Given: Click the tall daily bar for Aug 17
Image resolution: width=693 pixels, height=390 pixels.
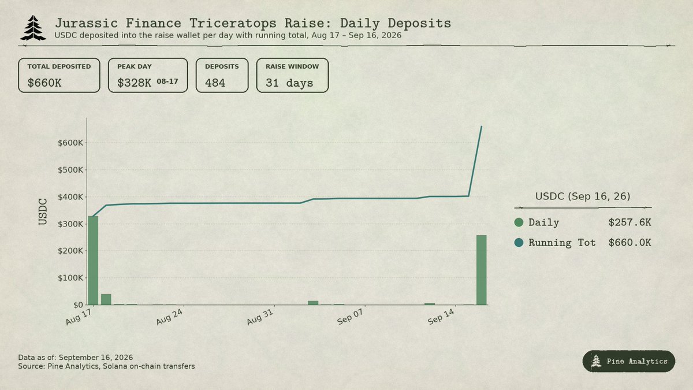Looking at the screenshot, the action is [x=93, y=261].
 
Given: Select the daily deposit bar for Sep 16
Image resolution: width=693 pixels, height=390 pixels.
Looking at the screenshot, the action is [x=482, y=270].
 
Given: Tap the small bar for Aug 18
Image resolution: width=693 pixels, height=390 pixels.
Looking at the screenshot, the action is [x=106, y=299].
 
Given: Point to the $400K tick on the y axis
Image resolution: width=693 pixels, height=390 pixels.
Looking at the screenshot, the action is [x=70, y=197].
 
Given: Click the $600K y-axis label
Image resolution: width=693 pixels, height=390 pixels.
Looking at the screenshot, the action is [x=70, y=143].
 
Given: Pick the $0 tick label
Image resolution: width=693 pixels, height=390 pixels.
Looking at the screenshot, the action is [x=78, y=305].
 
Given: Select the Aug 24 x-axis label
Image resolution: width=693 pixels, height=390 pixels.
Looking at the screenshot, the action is [x=169, y=317].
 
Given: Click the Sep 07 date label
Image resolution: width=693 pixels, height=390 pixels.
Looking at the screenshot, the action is [x=350, y=317].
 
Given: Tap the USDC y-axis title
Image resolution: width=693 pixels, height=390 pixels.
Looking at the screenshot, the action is [x=43, y=211].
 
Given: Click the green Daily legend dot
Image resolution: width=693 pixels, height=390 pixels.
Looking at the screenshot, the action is [x=519, y=222].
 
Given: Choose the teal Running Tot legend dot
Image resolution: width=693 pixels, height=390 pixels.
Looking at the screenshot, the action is [x=519, y=242].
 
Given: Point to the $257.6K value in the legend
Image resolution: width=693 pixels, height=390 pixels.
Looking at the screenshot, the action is [x=629, y=222].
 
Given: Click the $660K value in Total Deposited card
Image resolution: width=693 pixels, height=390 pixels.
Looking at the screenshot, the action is [x=44, y=83].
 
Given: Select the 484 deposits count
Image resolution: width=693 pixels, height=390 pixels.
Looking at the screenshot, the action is [x=215, y=83].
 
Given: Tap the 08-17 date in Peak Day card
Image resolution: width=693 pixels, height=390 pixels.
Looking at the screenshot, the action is [x=167, y=81].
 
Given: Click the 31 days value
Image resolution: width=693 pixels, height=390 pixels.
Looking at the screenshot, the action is [x=289, y=83].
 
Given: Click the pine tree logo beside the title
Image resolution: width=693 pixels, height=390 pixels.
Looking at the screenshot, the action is [x=33, y=28].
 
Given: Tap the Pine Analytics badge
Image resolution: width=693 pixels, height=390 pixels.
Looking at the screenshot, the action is [x=629, y=361].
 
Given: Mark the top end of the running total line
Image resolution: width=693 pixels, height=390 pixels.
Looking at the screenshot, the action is [x=482, y=127].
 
